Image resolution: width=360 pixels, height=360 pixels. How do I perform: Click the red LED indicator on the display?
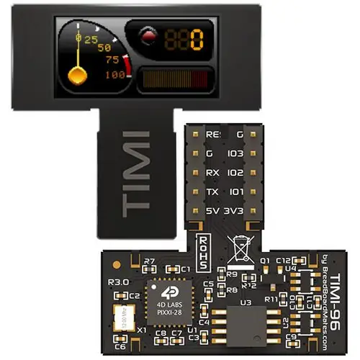(148, 36)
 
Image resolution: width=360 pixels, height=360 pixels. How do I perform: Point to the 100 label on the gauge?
(114, 74)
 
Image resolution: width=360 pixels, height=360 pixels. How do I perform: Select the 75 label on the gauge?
(112, 60)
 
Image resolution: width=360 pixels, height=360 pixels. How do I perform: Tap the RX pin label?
(212, 173)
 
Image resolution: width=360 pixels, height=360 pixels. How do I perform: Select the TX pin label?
(212, 192)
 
